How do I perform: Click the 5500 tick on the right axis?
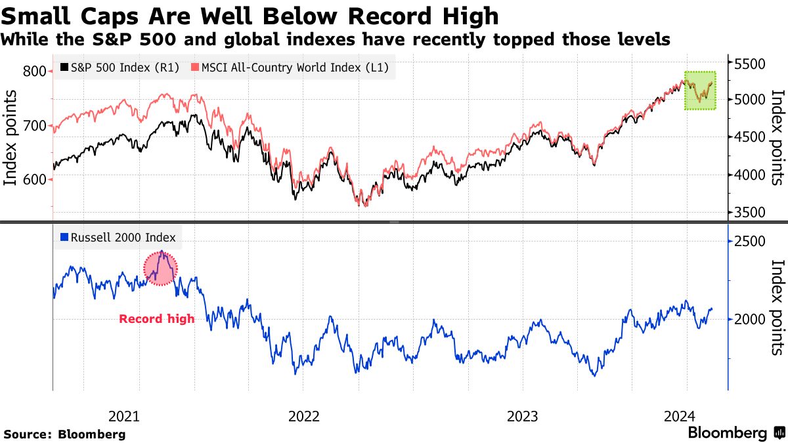tap(751, 63)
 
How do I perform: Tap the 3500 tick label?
tap(751, 212)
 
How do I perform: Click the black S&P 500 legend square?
tap(64, 68)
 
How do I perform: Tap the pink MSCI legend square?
tap(194, 68)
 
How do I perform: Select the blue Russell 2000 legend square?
tap(64, 238)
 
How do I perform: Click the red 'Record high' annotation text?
tap(156, 319)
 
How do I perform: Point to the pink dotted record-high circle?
tap(161, 268)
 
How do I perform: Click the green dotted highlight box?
tap(700, 91)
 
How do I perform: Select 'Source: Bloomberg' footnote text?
tap(64, 434)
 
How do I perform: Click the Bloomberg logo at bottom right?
tap(735, 433)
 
